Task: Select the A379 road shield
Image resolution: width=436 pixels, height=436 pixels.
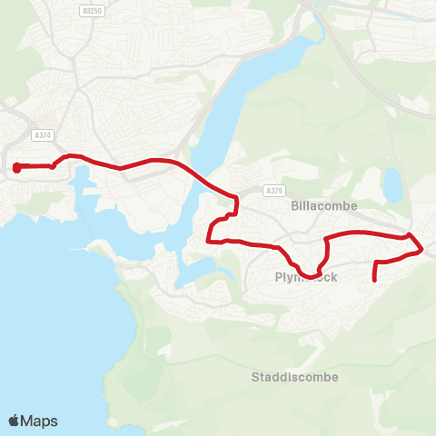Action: (275, 191)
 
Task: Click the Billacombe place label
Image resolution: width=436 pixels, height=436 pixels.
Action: (325, 205)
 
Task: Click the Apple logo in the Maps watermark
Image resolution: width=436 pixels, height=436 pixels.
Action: (15, 421)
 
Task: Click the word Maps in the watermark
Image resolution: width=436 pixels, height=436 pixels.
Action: (40, 421)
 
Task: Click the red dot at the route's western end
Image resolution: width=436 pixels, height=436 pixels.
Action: (16, 167)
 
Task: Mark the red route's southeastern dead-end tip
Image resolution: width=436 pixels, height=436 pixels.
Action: (375, 281)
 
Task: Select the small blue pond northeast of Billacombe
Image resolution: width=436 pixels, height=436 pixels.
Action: (392, 185)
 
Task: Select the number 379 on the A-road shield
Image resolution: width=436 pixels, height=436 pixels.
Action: (277, 191)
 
